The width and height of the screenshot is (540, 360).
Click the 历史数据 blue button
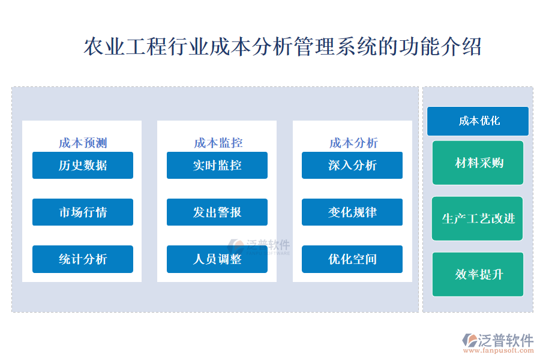83,166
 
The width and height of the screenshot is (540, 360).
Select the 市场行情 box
83,212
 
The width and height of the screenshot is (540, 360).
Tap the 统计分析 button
83,259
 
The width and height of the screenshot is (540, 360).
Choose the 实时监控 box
217,166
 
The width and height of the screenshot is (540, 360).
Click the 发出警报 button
217,212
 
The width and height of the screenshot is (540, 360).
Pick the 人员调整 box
217,259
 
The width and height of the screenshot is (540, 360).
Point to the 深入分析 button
352,166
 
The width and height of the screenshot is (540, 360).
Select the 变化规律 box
352,212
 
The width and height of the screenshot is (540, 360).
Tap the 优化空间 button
352,259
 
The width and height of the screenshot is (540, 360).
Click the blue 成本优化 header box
478,121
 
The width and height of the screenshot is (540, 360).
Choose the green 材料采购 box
478,163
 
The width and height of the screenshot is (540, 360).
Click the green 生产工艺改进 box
478,218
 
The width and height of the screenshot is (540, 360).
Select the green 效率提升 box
478,274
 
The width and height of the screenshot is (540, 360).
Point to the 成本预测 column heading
83,143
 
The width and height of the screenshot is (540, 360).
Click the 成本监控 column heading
218,143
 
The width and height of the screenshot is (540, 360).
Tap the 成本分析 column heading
353,143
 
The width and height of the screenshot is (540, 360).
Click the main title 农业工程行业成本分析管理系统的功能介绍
283,47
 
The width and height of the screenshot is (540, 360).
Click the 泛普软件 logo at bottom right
497,340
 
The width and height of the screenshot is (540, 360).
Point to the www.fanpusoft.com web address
498,350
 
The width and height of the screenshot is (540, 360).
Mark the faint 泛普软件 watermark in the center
259,247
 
